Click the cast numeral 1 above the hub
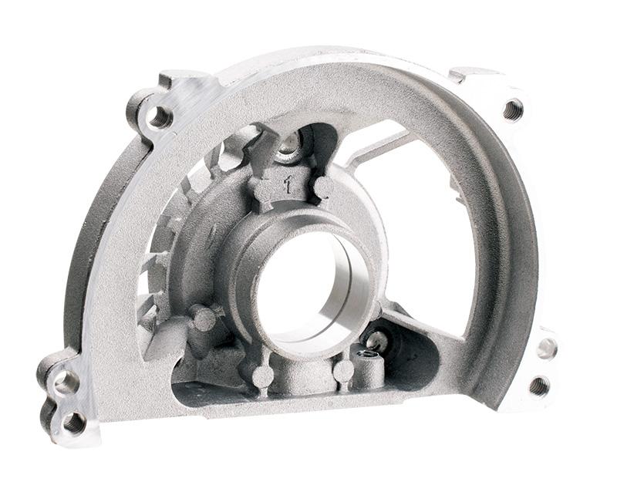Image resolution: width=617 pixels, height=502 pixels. pos(289,184)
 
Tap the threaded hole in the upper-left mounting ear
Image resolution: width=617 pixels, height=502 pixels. pos(158,118)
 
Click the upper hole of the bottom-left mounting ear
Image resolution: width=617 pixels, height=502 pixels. pos(65,380)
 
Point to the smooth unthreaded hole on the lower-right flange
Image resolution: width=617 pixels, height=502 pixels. pos(548,349)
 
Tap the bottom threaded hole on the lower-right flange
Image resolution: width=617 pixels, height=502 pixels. pos(538,386)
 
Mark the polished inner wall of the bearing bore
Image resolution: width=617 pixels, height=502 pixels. pos(346,283)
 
